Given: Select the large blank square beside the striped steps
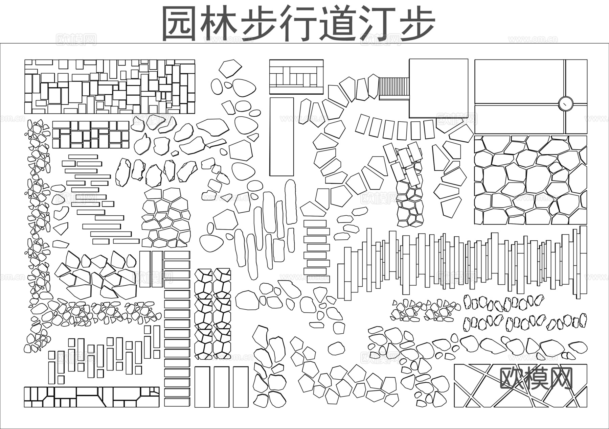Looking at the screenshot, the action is [x=438, y=88].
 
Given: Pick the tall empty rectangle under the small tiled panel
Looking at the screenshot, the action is [x=281, y=137].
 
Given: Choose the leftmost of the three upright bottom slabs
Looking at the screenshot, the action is [x=202, y=387].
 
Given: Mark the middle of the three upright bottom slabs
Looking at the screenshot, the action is [x=221, y=387].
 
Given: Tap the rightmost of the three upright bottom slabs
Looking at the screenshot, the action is [x=241, y=387].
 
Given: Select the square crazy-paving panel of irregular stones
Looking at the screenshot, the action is [x=531, y=180].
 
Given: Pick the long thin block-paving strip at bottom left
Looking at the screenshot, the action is [x=91, y=397].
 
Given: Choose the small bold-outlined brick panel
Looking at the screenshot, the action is [x=91, y=135].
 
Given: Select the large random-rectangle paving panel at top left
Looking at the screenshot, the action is [x=110, y=87].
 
